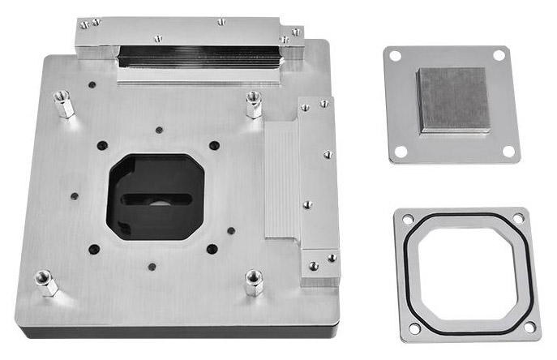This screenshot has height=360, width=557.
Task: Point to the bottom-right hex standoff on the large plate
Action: click(253, 283)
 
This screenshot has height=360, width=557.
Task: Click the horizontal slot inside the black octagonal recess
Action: click(156, 199)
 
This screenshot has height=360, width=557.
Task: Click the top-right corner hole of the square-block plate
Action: click(499, 54)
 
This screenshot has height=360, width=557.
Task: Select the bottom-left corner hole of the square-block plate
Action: click(400, 151)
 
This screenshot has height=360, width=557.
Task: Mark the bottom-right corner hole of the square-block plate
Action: click(508, 151)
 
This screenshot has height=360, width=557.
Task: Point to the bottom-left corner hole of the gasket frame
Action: click(414, 328)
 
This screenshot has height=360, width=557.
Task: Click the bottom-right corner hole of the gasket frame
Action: click(529, 327)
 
